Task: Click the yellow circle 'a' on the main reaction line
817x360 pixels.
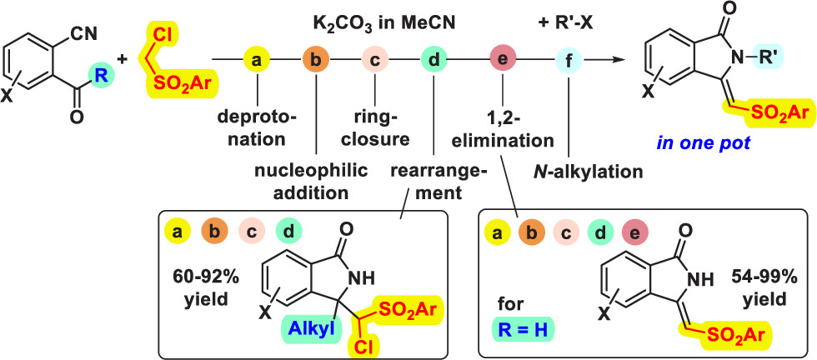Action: [257, 60]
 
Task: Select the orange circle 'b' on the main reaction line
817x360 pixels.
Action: [315, 60]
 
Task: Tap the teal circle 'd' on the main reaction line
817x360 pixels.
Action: [433, 60]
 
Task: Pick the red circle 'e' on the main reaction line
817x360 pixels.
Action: [503, 60]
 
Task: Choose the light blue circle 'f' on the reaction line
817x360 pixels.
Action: [567, 60]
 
